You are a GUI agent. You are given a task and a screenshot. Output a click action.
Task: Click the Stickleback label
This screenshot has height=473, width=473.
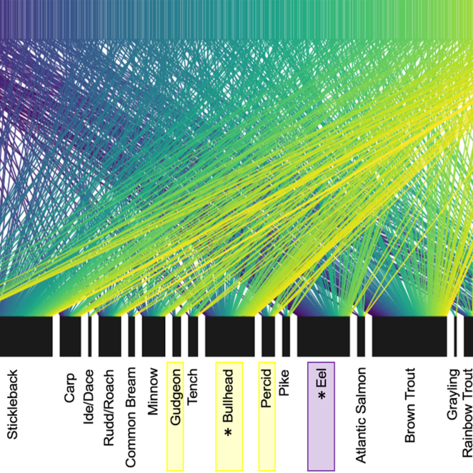click(14, 403)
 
